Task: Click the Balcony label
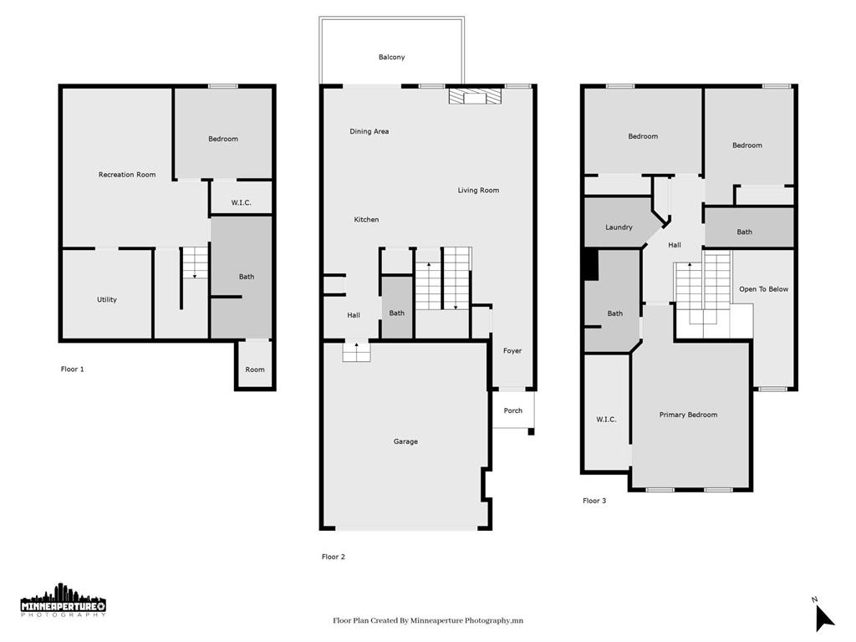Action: click(391, 58)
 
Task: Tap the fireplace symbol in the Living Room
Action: click(475, 97)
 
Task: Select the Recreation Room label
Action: click(127, 175)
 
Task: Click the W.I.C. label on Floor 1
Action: click(241, 203)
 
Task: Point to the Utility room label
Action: click(107, 299)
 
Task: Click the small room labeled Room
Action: click(255, 369)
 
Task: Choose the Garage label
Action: click(405, 441)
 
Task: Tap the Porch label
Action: click(512, 410)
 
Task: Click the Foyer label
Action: click(512, 351)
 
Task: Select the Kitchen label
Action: click(366, 220)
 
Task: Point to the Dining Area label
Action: click(369, 131)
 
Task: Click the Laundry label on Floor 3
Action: click(619, 227)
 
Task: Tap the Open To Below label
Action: click(763, 289)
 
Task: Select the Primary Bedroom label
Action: click(688, 415)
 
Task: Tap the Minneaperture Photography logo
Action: click(64, 601)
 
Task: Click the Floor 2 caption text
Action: click(334, 557)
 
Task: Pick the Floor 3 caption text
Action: click(594, 501)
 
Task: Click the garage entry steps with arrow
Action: click(356, 352)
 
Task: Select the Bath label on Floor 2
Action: click(397, 313)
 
